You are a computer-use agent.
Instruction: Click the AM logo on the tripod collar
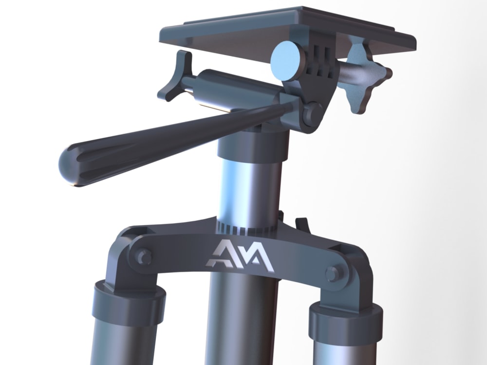coord(240,255)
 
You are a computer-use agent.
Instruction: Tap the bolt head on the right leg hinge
coord(334,274)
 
